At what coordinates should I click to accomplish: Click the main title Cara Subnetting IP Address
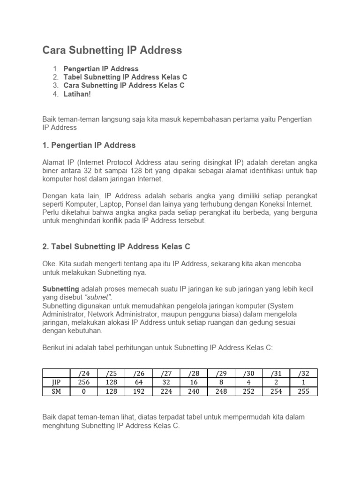[112, 50]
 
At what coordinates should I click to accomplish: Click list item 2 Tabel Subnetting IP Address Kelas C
[125, 77]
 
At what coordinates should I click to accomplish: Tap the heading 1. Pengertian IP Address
[89, 145]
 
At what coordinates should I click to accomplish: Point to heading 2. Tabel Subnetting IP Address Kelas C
[116, 246]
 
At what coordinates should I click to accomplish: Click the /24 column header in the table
[83, 373]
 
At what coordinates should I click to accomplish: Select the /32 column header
[303, 373]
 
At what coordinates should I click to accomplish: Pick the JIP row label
[56, 382]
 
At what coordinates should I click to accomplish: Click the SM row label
[56, 391]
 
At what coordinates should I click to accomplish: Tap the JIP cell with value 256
[83, 382]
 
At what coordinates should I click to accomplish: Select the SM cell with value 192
[138, 391]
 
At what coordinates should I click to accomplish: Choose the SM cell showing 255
[303, 391]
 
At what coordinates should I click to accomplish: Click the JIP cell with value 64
[138, 382]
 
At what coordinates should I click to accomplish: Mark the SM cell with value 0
[83, 391]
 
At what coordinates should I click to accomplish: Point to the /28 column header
[194, 373]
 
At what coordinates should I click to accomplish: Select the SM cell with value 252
[248, 391]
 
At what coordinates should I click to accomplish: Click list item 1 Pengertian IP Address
[101, 68]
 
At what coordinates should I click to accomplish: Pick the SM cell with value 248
[221, 391]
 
